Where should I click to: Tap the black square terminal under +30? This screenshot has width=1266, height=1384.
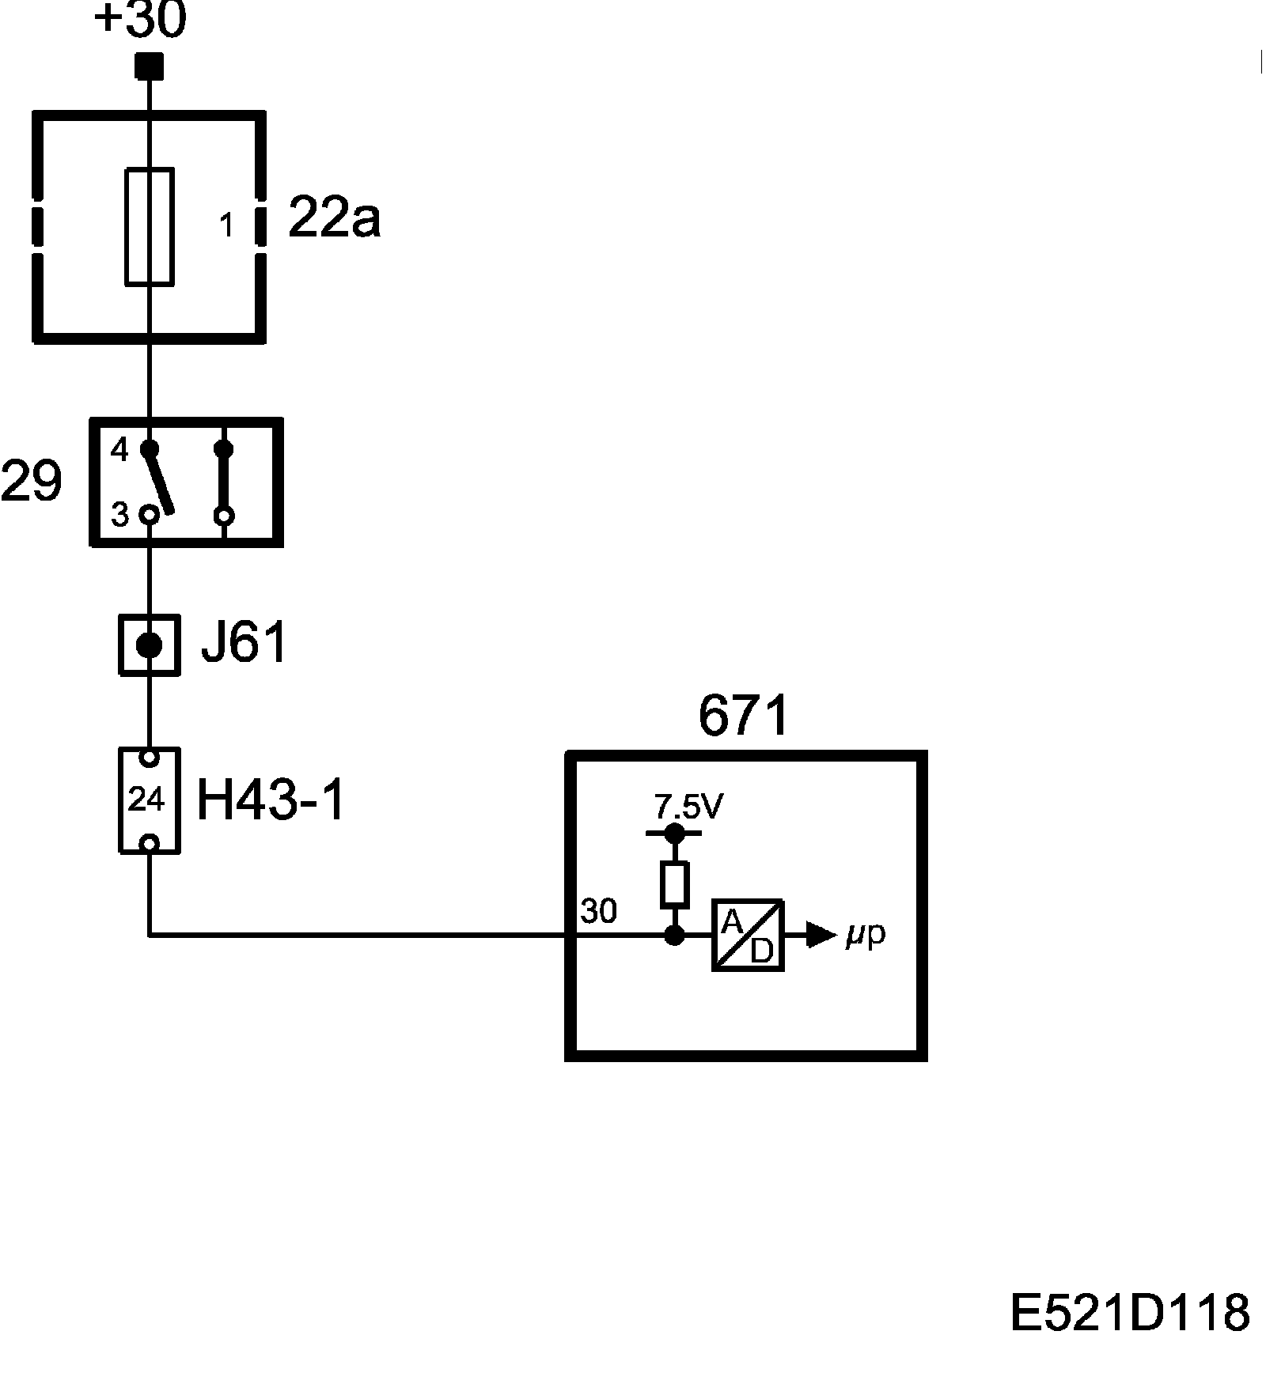149,66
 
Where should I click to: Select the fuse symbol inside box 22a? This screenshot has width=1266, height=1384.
150,226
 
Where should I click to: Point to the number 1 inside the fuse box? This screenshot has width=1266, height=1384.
227,226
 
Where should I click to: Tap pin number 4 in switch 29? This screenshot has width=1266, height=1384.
119,451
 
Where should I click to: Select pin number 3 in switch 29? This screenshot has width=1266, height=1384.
119,515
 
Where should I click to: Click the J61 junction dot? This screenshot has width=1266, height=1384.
149,645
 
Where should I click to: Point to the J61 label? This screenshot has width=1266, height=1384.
243,644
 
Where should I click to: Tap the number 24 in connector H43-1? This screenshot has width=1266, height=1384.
146,800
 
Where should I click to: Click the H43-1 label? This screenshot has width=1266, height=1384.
271,800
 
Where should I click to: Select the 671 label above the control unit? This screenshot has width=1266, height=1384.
744,716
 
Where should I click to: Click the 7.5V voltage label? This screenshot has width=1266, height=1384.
688,807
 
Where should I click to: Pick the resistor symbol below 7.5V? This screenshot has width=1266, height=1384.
674,884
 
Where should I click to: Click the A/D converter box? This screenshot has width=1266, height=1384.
748,935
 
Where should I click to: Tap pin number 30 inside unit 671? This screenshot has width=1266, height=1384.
599,912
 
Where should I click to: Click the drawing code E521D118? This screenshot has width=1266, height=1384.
1130,1313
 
